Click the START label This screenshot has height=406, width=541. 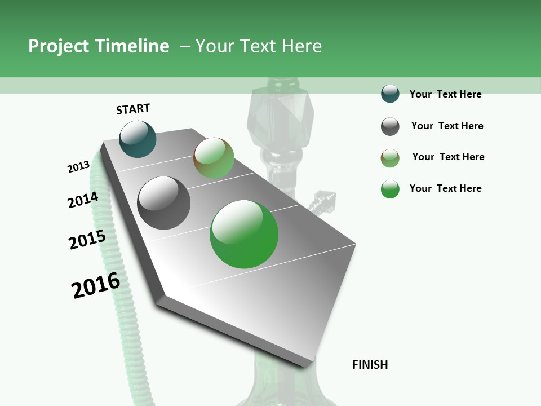133,109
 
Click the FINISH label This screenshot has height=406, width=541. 370,365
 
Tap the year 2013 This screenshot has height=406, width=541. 78,167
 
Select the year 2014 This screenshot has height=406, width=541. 83,200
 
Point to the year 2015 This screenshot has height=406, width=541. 87,240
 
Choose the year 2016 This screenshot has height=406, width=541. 96,285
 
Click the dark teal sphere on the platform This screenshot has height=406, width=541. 138,139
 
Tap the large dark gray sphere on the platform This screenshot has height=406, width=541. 163,203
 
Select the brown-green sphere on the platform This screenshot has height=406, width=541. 214,158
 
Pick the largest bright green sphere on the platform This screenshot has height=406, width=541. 244,234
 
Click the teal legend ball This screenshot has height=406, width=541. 390,94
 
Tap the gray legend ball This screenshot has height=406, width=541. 390,126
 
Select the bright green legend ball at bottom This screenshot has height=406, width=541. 390,189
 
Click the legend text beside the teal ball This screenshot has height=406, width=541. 445,94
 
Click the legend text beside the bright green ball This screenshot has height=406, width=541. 445,188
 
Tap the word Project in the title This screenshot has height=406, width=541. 59,46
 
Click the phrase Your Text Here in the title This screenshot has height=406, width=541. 259,46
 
